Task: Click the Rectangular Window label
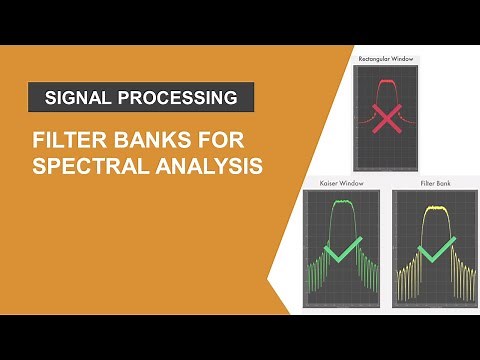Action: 385,59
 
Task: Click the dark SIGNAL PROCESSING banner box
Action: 141,98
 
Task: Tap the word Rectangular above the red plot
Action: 376,59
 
